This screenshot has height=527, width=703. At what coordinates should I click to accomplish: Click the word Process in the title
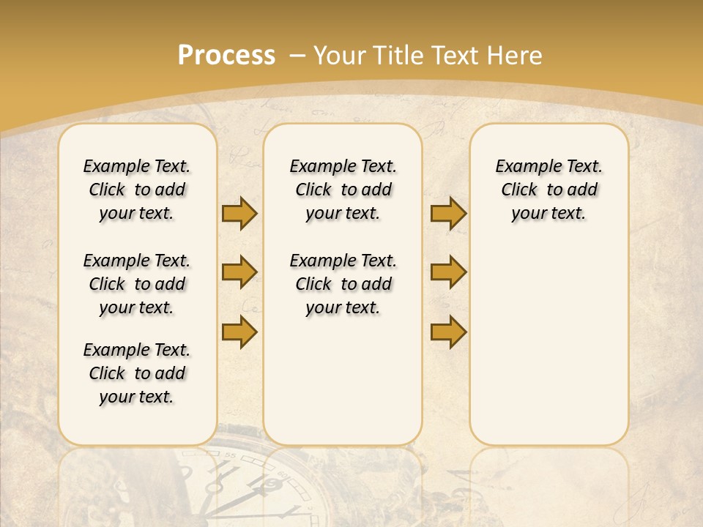[x=226, y=56]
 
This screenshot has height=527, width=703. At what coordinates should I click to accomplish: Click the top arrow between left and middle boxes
[x=239, y=214]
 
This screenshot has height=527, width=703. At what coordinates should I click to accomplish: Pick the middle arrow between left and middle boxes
[x=239, y=273]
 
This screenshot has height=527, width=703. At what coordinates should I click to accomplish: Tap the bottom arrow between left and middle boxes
[x=239, y=332]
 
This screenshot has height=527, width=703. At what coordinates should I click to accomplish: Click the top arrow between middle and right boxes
[x=448, y=214]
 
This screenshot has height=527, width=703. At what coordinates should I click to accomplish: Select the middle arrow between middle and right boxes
[x=448, y=273]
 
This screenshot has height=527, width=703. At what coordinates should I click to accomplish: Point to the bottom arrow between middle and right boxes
[x=448, y=332]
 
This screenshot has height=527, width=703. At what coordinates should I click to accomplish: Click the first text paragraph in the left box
[x=137, y=190]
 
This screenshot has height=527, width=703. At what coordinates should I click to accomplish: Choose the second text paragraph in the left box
[x=137, y=284]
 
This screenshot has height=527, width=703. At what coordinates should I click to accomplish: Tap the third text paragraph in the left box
[x=137, y=373]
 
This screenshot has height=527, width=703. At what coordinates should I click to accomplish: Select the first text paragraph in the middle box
[x=343, y=190]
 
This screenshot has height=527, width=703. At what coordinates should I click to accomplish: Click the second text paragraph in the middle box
[x=343, y=284]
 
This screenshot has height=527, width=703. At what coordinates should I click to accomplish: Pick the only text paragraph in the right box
[x=548, y=190]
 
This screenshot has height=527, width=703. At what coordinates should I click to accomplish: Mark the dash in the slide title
[x=297, y=56]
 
